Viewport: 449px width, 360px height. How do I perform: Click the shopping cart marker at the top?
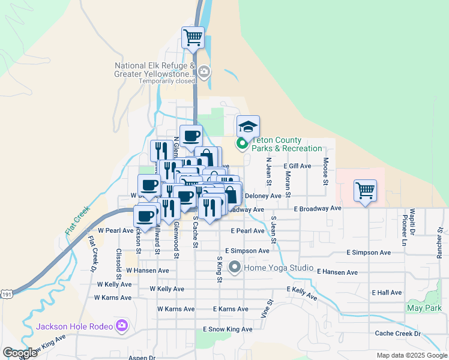[x=193, y=37]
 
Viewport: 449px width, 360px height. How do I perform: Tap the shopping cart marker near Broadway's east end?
[x=365, y=191]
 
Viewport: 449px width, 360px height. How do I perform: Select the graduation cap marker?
[x=248, y=127]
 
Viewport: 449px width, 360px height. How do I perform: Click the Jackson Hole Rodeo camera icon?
[x=122, y=326]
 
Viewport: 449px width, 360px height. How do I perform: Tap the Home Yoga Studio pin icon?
[x=234, y=267]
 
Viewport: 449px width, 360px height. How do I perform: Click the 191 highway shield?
[x=6, y=293]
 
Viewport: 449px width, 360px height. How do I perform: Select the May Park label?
[x=424, y=308]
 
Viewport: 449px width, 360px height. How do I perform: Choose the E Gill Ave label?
[x=297, y=166]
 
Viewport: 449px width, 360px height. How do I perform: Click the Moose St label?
[x=326, y=171]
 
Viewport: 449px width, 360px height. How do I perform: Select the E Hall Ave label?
[x=387, y=292]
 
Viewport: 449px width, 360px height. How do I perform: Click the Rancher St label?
[x=440, y=238]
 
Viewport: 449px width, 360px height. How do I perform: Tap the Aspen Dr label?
[x=142, y=358]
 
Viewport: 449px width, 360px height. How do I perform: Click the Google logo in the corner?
[x=20, y=353]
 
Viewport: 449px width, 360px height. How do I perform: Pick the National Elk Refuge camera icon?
[x=204, y=73]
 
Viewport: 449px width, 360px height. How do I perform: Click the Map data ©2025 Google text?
[x=411, y=355]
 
